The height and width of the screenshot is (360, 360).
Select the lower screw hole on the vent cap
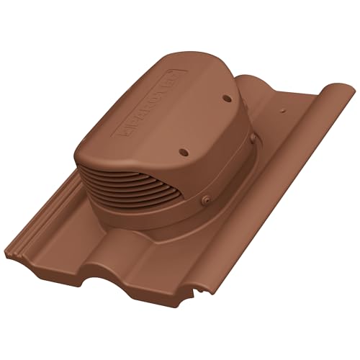(x=182, y=153)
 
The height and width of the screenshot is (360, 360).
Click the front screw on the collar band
(x=207, y=200)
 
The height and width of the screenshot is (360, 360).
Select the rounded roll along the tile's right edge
(x=302, y=180)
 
